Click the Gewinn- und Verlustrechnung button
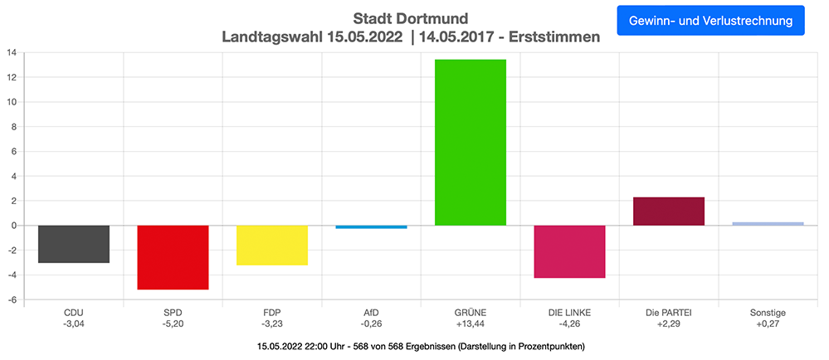coord(710,20)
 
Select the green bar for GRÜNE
coord(470,142)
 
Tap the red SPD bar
coord(173,257)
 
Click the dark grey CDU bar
coord(74,244)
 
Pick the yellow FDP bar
coord(272,246)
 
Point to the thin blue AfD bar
coord(371,226)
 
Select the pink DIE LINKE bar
coord(569,251)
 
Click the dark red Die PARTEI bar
coord(668,211)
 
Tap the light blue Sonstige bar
coord(768,223)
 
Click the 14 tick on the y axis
coord(12,53)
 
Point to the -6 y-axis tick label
coord(12,299)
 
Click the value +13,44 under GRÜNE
coord(470,324)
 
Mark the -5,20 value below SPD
coord(173,324)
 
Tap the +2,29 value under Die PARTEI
coord(668,324)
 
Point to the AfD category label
coord(371,313)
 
